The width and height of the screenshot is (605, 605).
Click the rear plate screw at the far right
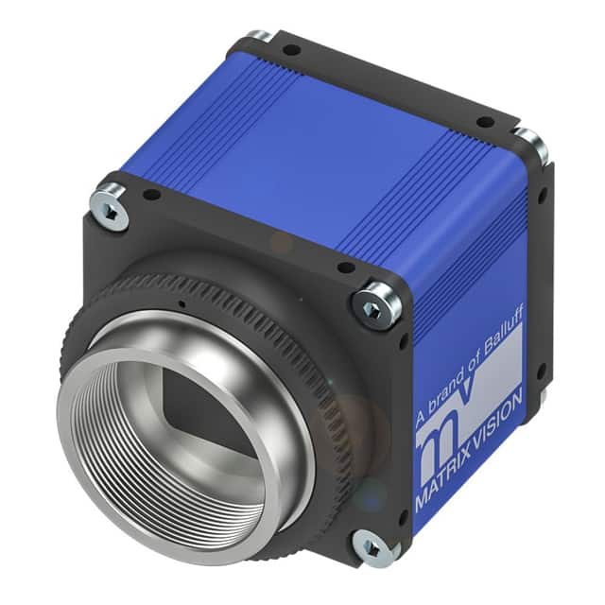(531, 144)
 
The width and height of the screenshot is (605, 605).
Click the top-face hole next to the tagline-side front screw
(347, 268)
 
